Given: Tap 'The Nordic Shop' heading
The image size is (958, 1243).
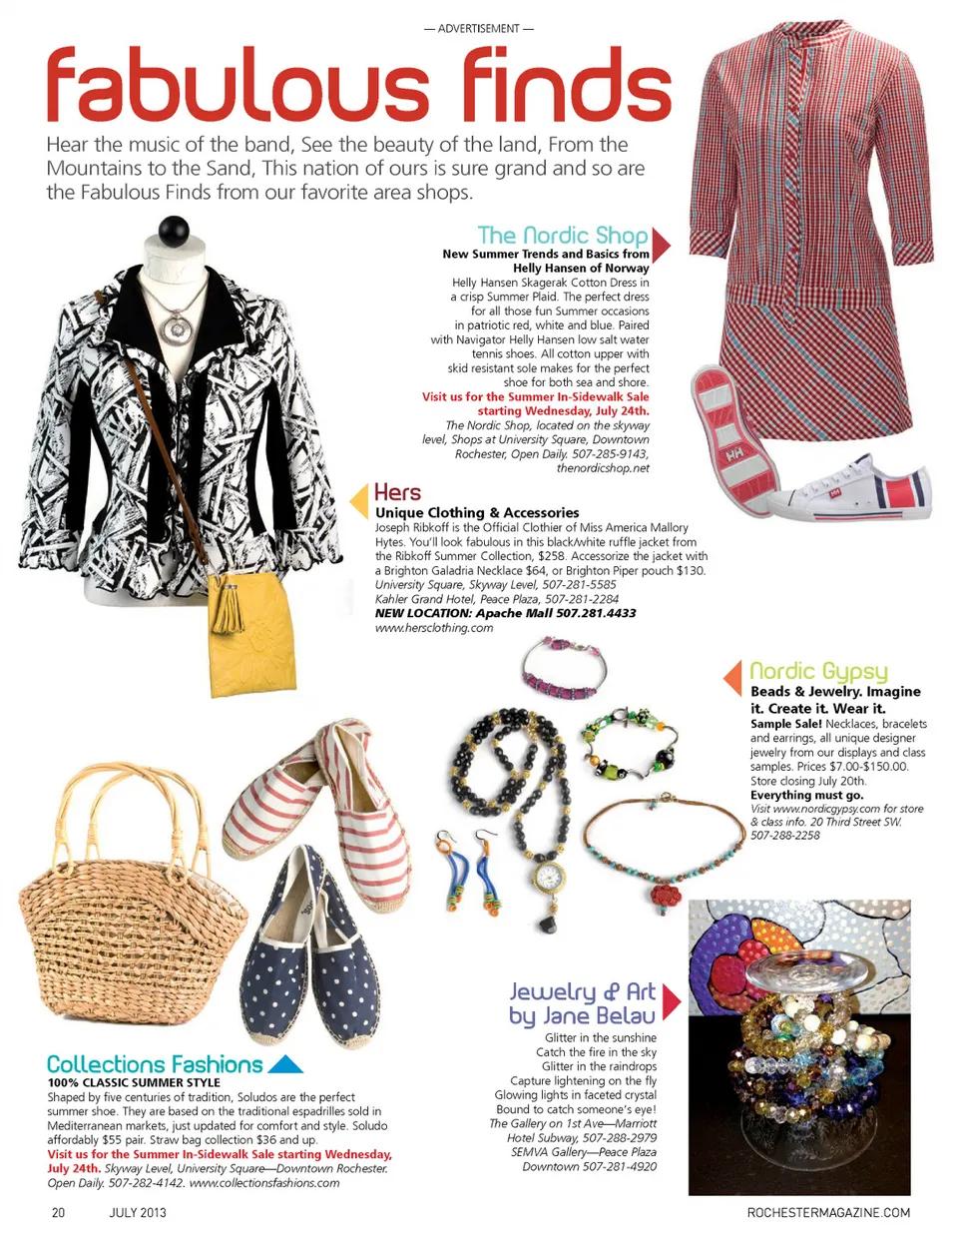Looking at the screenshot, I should (x=562, y=236).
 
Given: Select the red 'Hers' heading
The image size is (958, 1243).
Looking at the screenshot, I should (x=397, y=492).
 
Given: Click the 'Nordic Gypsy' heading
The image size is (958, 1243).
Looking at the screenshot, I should (x=818, y=671).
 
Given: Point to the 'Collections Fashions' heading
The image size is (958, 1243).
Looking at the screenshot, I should (x=155, y=1064).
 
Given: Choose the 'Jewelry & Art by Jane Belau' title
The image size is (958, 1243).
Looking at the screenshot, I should (x=583, y=1003).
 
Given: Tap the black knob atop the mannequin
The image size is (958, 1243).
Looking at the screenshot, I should (x=174, y=231).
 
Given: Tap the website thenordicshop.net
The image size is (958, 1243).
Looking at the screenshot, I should (x=602, y=468).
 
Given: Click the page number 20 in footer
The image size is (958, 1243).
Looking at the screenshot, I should (x=58, y=1213).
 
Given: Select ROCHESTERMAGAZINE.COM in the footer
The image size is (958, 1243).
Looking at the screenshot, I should (x=828, y=1213).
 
